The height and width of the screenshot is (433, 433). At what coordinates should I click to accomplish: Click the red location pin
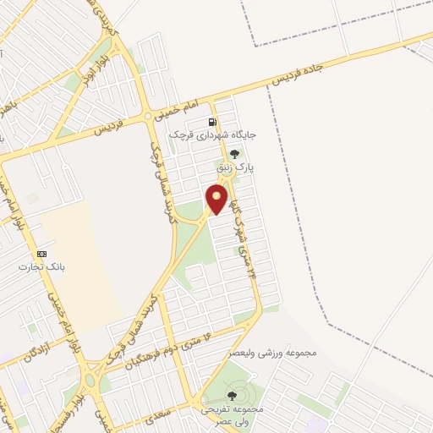coord(217,198)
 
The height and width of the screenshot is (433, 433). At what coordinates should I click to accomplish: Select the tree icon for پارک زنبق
coord(234,154)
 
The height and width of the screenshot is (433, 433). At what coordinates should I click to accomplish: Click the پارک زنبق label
coord(234,169)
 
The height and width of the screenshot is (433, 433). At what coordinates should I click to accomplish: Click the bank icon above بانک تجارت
coord(41,254)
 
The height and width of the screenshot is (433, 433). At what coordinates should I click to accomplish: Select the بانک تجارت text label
coord(41,267)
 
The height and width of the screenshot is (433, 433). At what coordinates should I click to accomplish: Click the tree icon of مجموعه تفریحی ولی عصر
coord(232,395)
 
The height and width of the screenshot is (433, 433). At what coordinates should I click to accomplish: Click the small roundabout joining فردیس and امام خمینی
coord(148,115)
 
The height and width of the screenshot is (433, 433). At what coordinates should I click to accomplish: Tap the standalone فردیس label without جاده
coord(108,129)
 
